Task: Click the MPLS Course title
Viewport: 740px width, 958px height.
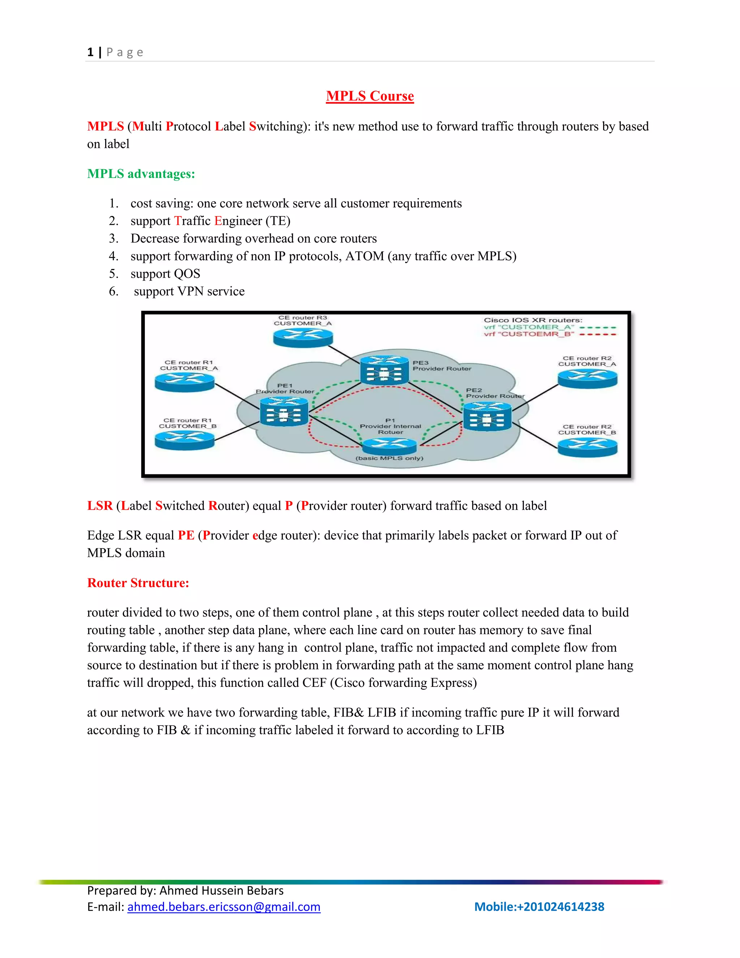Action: click(x=370, y=96)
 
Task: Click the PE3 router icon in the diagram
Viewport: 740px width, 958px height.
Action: click(x=384, y=371)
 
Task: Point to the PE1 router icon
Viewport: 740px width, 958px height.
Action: click(x=284, y=411)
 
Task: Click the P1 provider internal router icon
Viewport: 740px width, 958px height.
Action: click(x=390, y=446)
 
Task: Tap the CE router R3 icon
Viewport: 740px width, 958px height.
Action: click(x=303, y=337)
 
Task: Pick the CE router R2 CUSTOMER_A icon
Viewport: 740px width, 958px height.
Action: click(x=587, y=379)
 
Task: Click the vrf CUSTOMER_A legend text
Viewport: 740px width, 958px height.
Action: click(x=529, y=327)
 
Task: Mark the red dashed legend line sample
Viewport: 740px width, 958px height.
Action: click(x=598, y=334)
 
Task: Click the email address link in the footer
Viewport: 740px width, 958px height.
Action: click(x=224, y=907)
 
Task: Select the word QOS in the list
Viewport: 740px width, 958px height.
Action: click(x=187, y=274)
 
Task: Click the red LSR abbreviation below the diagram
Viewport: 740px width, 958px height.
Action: click(x=100, y=506)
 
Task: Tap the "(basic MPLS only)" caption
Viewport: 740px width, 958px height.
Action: click(x=389, y=458)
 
